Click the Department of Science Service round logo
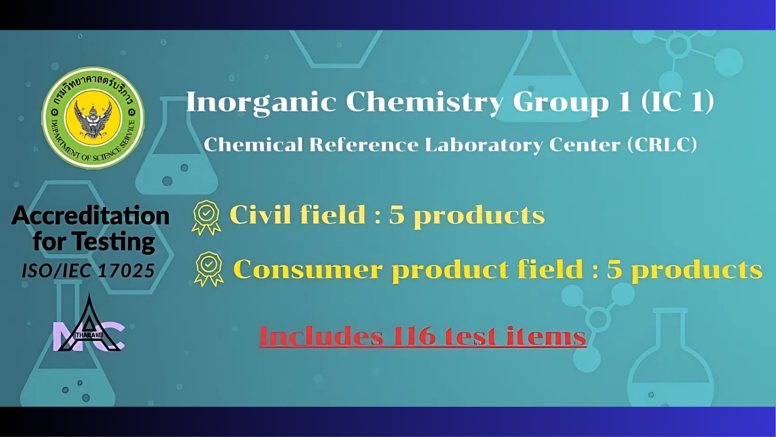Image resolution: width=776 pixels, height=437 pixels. coord(93,118)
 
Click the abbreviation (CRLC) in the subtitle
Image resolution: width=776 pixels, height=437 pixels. coord(662,144)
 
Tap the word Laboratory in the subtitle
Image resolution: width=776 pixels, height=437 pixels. coord(483,145)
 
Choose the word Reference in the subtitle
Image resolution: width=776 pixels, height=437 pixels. coord(364,144)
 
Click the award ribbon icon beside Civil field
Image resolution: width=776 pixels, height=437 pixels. coord(206,218)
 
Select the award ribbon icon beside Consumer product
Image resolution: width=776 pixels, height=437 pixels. coord(209,269)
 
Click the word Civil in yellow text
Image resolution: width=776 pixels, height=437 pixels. coord(260,214)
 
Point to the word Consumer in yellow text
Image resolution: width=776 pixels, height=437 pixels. coord(308,269)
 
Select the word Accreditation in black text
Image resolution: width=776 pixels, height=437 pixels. coord(91,215)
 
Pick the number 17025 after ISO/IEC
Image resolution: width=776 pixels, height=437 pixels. coord(127,271)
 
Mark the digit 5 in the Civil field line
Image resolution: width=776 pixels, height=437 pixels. coord(397,214)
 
